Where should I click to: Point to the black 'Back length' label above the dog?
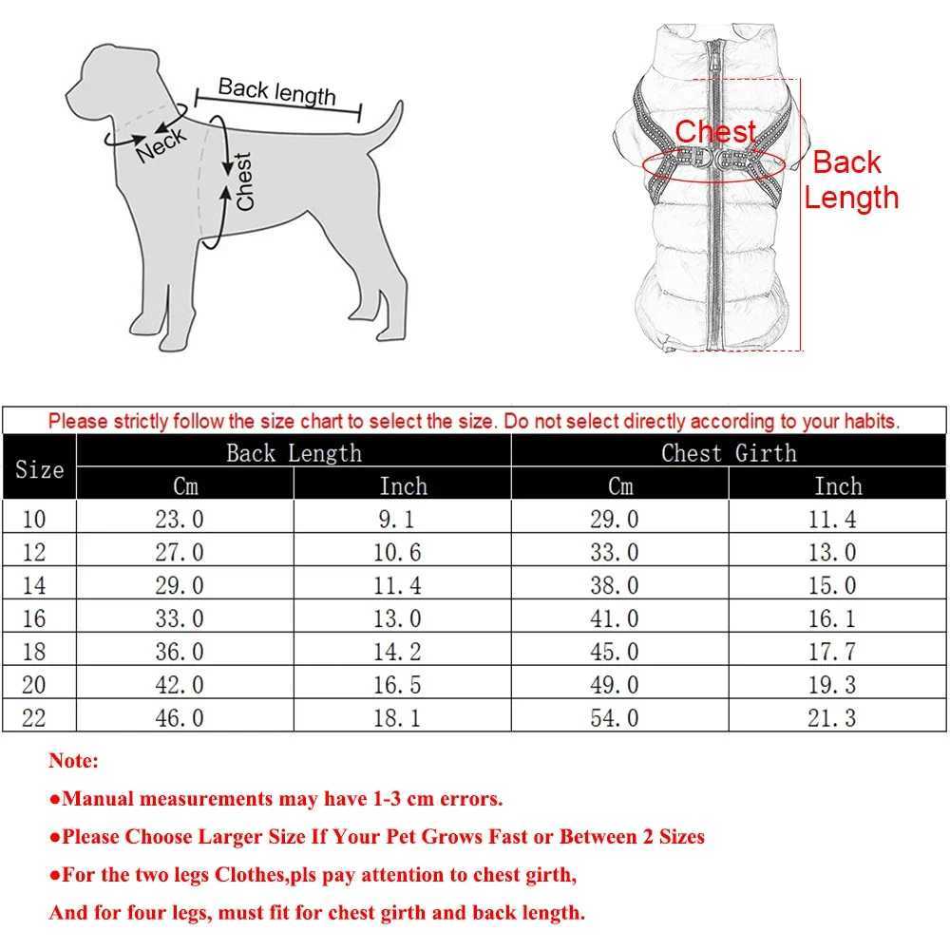276,91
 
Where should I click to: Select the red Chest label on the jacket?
715,132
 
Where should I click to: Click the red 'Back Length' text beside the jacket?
849,180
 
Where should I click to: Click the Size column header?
39,469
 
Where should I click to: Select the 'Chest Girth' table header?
729,453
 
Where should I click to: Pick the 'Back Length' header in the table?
294,453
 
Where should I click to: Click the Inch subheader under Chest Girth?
837,486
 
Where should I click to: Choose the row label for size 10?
33,519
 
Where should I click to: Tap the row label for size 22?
33,717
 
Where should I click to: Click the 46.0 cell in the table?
180,717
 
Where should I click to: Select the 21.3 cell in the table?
831,717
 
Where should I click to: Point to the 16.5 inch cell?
397,684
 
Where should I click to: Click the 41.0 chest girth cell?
615,618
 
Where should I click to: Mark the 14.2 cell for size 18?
397,652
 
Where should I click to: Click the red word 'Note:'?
73,761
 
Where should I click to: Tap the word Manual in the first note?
100,799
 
